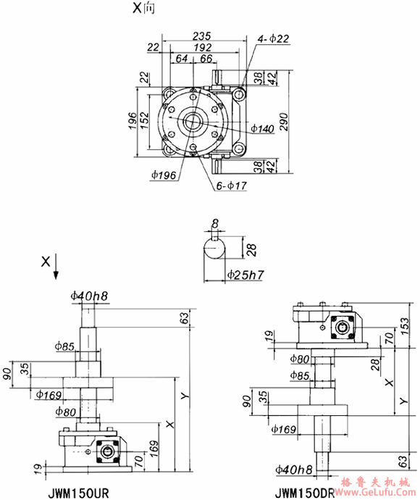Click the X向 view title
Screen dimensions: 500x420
point(142,9)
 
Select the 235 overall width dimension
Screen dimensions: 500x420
point(203,35)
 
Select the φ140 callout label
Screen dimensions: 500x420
point(262,129)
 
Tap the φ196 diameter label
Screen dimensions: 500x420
point(165,175)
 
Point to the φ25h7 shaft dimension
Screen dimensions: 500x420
point(244,275)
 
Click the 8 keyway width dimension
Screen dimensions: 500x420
point(215,224)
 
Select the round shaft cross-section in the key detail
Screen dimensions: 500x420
point(215,254)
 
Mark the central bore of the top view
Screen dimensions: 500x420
point(193,121)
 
